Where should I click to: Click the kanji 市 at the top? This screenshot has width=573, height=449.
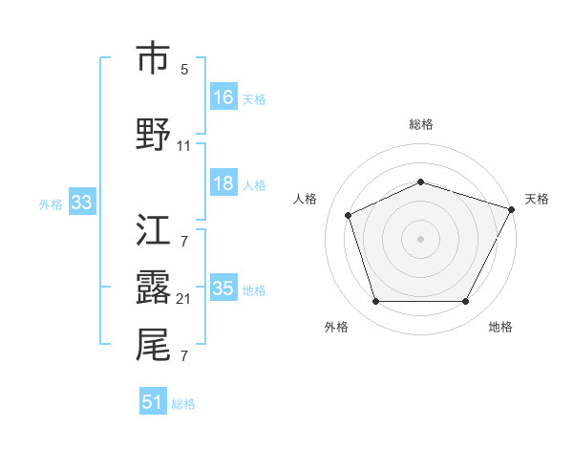[x=153, y=58]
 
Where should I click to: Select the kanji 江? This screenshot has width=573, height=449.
[x=153, y=230]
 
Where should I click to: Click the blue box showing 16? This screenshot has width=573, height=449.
[x=223, y=97]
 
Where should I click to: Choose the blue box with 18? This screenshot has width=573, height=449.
[x=223, y=183]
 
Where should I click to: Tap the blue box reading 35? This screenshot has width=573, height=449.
[x=223, y=289]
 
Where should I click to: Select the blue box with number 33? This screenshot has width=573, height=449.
[x=81, y=203]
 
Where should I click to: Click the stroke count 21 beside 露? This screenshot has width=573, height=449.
[x=184, y=299]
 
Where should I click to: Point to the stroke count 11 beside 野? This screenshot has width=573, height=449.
[x=184, y=146]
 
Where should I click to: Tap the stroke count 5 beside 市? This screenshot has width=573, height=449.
[x=184, y=70]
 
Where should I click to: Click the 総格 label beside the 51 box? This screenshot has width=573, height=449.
[x=183, y=404]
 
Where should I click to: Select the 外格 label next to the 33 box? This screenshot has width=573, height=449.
[x=51, y=203]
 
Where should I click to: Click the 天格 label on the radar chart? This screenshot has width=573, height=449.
[x=537, y=199]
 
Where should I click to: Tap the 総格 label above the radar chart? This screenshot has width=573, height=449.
[x=420, y=124]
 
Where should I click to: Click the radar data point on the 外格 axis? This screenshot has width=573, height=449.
[x=375, y=302]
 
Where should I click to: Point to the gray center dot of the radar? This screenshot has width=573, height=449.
[x=420, y=239]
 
